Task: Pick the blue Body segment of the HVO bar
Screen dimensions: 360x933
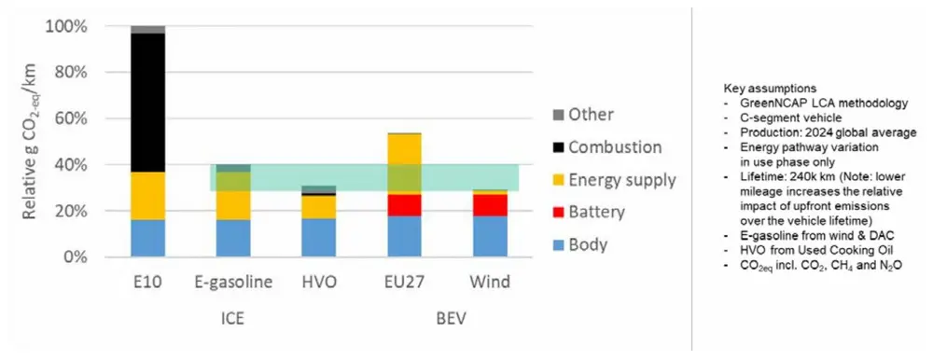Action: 319,238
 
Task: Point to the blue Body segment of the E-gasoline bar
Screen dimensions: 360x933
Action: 232,238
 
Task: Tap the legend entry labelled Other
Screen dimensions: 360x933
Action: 590,114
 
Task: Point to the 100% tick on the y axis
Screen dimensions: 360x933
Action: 65,27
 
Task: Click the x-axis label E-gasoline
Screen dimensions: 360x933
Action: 232,281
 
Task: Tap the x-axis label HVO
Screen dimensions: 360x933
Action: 319,281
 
